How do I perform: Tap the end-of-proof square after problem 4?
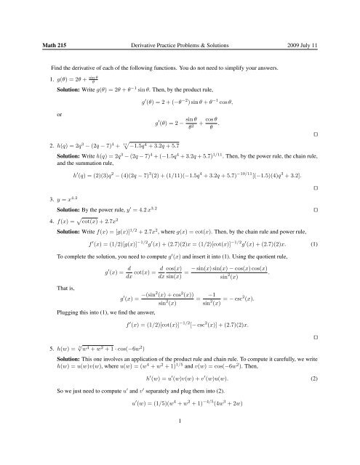[x=334, y=357]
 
